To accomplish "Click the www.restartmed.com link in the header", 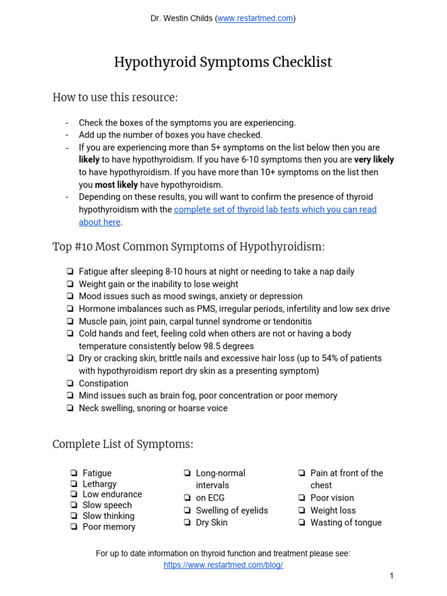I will tap(255, 19).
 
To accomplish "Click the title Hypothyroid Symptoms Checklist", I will tap(223, 62).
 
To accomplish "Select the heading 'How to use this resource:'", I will tap(115, 97).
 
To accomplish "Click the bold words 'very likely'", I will tap(374, 159).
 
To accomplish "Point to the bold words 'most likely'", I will tap(116, 185).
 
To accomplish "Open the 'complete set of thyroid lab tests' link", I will tap(275, 210).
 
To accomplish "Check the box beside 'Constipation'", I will tap(70, 384).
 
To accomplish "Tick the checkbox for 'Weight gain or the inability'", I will tap(70, 284).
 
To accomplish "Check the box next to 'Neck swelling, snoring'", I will tap(70, 408).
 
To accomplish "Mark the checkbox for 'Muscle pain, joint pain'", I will tap(70, 321).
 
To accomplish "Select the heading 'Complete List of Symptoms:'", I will tap(123, 444).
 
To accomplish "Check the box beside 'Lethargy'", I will tap(74, 484).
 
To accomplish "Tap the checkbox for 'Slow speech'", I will tap(74, 505).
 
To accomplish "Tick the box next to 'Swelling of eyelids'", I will tap(187, 510).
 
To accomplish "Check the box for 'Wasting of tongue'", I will tap(302, 523).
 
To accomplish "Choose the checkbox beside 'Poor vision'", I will tap(302, 498).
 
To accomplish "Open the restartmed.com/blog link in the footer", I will tap(223, 565).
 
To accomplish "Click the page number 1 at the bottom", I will tap(392, 576).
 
